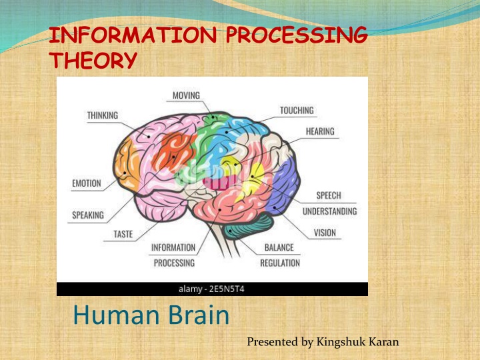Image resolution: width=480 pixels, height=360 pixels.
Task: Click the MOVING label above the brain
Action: click(x=186, y=95)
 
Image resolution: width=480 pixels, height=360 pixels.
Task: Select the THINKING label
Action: click(x=103, y=115)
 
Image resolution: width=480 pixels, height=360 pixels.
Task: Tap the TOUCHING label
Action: click(x=297, y=111)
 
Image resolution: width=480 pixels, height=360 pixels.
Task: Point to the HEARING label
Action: click(x=320, y=131)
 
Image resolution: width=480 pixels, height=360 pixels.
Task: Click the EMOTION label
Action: click(x=87, y=183)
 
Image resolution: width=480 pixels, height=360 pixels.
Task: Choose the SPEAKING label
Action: click(x=88, y=215)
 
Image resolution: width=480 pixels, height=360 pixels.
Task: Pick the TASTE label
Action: click(x=123, y=234)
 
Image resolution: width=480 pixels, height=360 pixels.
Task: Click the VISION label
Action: click(x=325, y=233)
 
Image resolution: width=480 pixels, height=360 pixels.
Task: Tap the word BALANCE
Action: click(x=279, y=247)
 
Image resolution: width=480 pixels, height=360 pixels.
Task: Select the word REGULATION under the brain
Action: click(x=280, y=263)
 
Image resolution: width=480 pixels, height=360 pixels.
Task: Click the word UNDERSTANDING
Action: click(x=330, y=211)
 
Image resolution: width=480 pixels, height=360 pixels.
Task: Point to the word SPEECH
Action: click(x=329, y=195)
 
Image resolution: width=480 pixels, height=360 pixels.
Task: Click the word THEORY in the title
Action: click(x=94, y=60)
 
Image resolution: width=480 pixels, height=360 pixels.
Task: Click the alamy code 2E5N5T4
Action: click(x=227, y=289)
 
